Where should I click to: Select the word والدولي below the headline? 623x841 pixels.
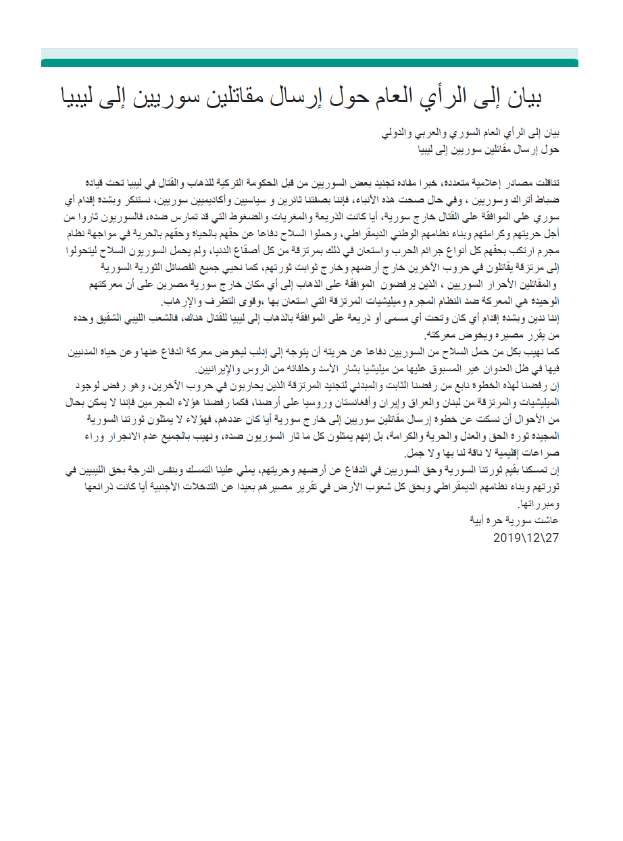coord(403,134)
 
